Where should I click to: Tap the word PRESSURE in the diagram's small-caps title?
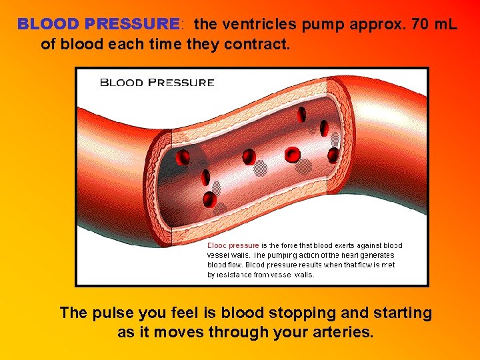(180, 83)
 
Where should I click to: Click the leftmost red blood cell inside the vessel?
(182, 158)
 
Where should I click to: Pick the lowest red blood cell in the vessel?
(209, 198)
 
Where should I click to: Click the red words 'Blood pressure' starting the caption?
(233, 245)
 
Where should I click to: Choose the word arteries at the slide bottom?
(339, 331)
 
